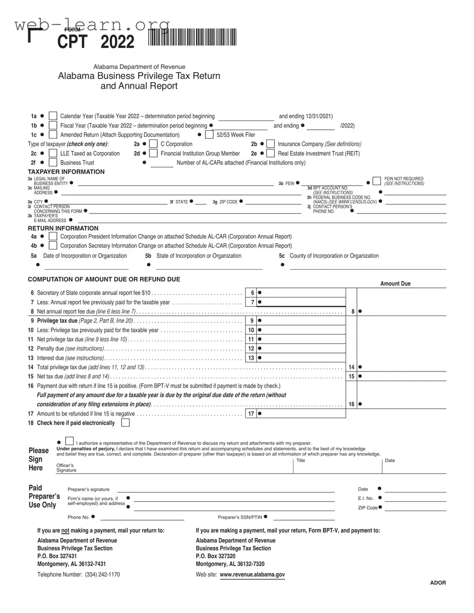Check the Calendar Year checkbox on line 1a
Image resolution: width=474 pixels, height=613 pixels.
tap(53, 116)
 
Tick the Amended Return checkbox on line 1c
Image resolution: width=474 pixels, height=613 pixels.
tap(53, 135)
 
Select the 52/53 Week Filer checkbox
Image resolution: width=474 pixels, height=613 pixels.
tap(209, 135)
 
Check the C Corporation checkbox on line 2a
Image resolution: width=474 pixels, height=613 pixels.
tap(154, 144)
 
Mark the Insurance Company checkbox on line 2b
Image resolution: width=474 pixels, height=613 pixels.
tap(271, 144)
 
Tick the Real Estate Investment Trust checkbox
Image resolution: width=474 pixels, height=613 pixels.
tap(271, 153)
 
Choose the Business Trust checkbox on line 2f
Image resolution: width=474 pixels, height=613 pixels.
tap(53, 163)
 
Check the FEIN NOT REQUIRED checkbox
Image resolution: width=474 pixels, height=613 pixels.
tap(377, 181)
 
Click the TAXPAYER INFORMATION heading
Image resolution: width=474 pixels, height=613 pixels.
tap(66, 172)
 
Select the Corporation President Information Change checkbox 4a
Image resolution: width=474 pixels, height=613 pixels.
tap(53, 237)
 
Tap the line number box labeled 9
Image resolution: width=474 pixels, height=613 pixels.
tap(251, 321)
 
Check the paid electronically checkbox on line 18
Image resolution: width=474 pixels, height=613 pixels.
tap(125, 423)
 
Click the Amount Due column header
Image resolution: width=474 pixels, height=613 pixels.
tap(395, 284)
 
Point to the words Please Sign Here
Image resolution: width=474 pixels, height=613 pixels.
tap(38, 459)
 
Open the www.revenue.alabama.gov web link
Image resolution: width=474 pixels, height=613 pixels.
tap(252, 575)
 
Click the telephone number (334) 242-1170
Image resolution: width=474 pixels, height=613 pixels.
tap(102, 575)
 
